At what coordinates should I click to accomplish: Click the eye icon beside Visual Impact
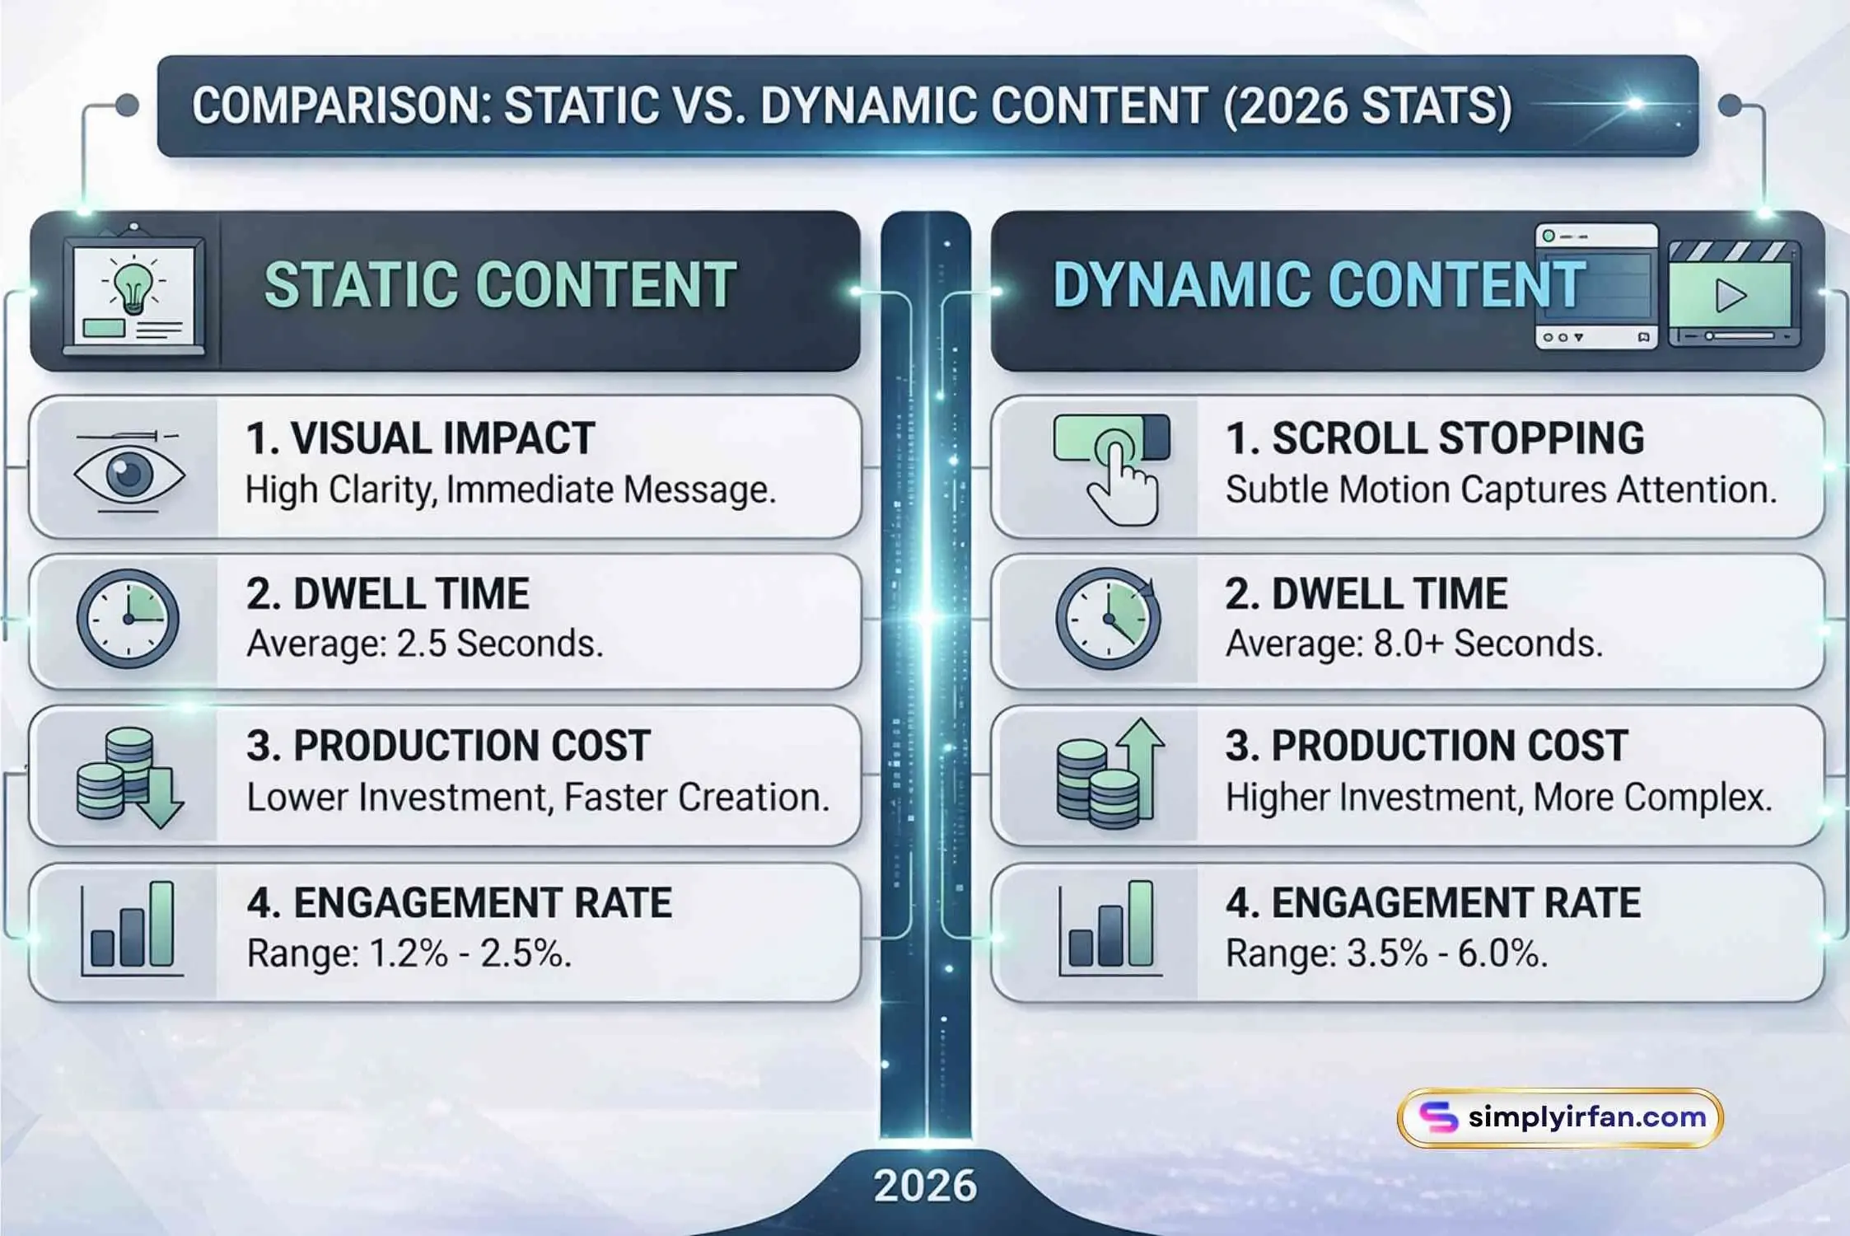point(129,474)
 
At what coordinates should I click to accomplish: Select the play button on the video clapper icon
point(1731,296)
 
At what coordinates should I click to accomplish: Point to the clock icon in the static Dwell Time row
point(128,618)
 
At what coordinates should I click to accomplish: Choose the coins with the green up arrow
point(1110,773)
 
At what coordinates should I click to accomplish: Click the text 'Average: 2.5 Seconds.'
point(425,644)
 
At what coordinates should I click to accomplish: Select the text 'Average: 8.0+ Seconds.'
point(1414,644)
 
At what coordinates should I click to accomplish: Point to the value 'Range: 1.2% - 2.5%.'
point(409,954)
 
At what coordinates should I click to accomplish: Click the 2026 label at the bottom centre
point(925,1186)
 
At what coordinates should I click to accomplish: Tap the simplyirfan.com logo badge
point(1560,1118)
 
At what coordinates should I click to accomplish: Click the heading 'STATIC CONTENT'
point(500,285)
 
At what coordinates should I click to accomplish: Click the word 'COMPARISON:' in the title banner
point(341,106)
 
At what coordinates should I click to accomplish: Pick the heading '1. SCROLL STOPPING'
point(1435,438)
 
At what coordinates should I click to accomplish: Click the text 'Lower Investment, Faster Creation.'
point(538,798)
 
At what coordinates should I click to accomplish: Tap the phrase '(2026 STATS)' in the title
point(1367,106)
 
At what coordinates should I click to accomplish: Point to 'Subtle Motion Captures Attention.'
point(1501,490)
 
